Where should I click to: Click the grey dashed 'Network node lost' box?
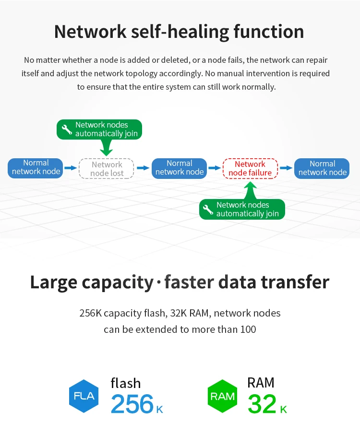click(106, 168)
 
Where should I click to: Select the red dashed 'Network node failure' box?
click(250, 168)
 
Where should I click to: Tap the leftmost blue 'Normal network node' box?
click(35, 168)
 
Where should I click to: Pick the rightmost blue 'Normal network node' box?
click(322, 168)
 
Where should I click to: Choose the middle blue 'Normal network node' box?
click(179, 168)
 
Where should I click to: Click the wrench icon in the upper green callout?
click(67, 129)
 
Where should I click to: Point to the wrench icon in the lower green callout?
click(208, 210)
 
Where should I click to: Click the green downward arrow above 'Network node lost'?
click(106, 147)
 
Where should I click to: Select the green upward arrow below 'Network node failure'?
click(251, 190)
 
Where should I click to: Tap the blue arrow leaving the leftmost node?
click(71, 168)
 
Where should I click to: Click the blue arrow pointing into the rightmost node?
click(286, 168)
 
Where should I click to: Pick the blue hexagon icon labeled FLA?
click(84, 396)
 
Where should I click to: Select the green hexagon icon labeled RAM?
click(222, 396)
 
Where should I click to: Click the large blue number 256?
click(132, 404)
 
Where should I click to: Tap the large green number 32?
click(262, 404)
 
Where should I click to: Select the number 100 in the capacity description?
click(248, 329)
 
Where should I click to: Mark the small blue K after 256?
click(159, 410)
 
